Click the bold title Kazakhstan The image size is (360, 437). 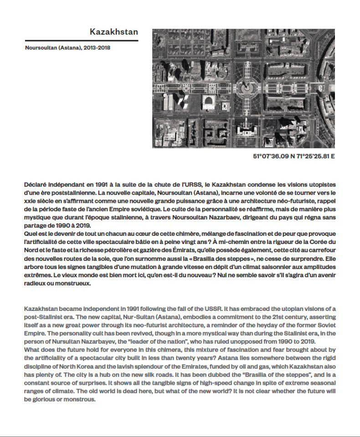click(x=113, y=32)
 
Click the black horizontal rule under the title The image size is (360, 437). click(x=82, y=41)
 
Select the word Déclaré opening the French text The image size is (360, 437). click(x=36, y=185)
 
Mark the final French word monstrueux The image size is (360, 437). click(x=75, y=283)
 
